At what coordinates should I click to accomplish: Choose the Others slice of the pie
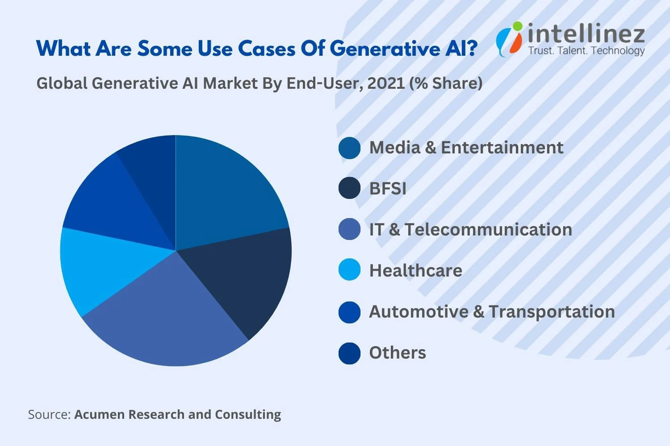click(152, 169)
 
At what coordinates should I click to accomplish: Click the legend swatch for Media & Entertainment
click(349, 148)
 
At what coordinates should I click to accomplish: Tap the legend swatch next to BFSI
click(349, 189)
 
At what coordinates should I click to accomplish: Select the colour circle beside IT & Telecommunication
click(349, 229)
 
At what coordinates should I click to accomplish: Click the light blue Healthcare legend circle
click(349, 270)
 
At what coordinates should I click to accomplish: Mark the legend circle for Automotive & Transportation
click(349, 312)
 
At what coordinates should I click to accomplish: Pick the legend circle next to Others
click(349, 353)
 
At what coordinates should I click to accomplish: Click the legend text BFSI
click(388, 189)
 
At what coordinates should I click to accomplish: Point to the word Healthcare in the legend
click(415, 271)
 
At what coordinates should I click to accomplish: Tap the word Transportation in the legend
click(552, 312)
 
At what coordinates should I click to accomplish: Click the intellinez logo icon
click(509, 39)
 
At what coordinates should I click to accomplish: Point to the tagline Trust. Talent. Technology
click(586, 51)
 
